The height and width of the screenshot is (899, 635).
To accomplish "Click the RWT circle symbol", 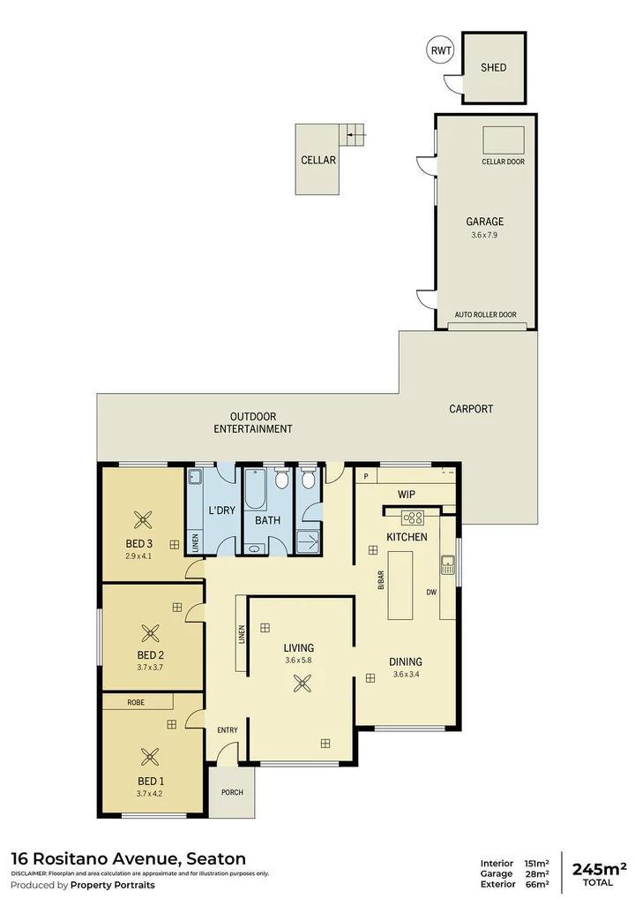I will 440,50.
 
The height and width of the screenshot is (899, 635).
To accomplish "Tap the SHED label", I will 494,67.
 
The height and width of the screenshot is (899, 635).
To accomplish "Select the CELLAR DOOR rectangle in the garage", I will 504,140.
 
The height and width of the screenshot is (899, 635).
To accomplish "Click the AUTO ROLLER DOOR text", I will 485,314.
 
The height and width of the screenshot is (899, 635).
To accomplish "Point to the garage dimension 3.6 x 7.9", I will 485,236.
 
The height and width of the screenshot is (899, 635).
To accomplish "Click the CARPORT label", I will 471,409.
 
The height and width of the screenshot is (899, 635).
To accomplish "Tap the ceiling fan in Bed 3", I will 140,520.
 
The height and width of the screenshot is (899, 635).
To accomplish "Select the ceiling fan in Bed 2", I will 151,632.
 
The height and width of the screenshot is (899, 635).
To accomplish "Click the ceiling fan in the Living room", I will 303,681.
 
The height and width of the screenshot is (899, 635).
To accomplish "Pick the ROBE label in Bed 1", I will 136,702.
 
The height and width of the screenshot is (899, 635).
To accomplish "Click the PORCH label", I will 231,791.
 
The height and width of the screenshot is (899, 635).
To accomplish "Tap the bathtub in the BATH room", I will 255,490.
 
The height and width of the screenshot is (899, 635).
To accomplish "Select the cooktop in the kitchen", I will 413,517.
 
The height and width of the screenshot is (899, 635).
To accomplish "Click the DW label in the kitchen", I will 432,592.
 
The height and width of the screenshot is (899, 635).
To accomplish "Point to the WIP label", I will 407,495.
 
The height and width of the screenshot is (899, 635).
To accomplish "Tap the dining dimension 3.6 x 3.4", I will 406,676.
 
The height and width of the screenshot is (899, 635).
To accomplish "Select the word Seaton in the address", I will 214,858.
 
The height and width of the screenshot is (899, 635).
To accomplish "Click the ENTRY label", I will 228,729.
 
